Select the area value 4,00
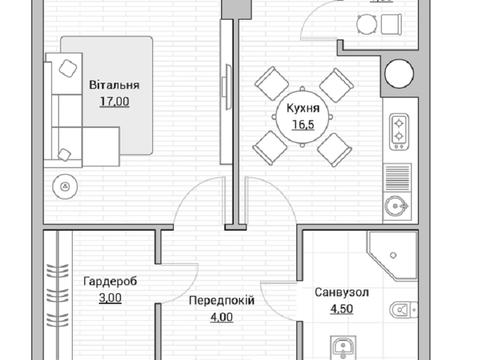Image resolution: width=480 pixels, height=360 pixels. coord(221,317)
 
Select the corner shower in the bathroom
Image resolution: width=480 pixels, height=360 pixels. coord(391,254)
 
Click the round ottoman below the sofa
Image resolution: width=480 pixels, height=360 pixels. coord(67,185)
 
